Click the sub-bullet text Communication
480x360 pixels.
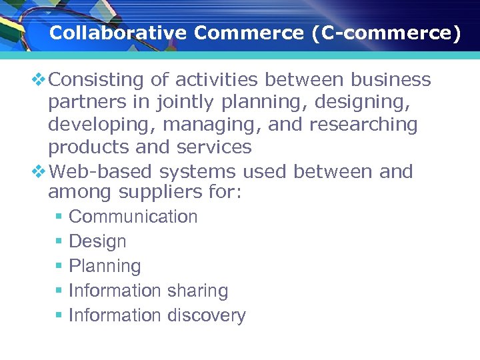coord(133,217)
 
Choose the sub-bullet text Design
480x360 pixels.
coord(97,241)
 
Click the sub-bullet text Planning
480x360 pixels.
coord(105,266)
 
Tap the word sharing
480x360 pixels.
coord(197,291)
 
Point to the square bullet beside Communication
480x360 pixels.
coord(59,217)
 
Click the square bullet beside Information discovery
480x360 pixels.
coord(59,316)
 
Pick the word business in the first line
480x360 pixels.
coord(391,80)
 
